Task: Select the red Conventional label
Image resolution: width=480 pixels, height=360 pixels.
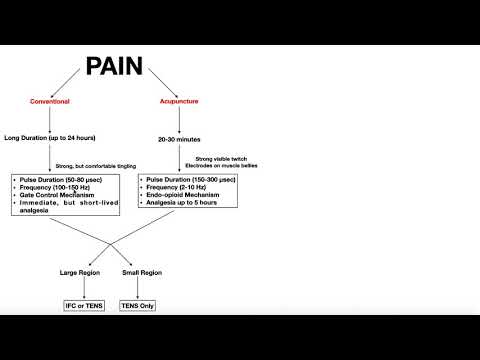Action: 50,102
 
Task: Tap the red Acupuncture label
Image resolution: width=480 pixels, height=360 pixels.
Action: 179,102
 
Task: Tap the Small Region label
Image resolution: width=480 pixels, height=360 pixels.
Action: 142,272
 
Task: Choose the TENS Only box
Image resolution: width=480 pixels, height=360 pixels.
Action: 142,303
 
